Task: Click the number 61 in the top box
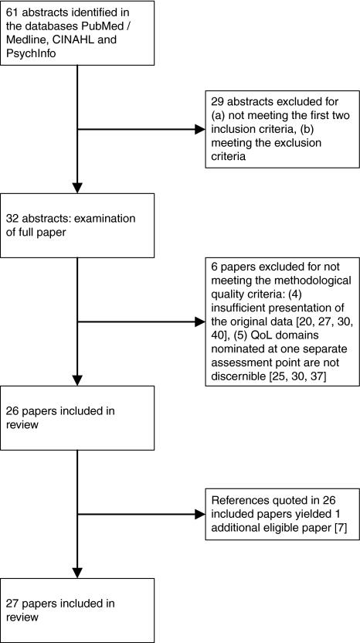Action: coord(13,12)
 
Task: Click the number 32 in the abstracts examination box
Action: coord(13,219)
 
